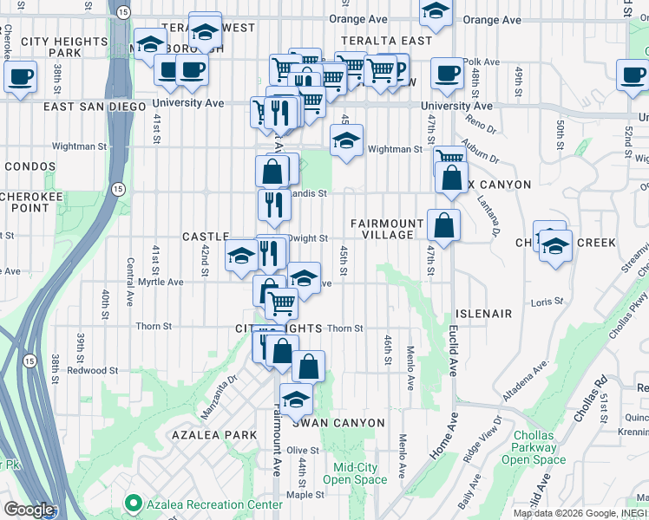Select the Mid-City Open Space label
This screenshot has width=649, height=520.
(x=355, y=473)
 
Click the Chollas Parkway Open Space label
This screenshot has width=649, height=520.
(x=534, y=447)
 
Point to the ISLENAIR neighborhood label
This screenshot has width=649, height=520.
(x=482, y=313)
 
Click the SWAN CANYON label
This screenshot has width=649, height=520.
(x=338, y=423)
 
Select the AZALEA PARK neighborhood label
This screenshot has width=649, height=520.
(x=214, y=434)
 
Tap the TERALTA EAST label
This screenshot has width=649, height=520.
(x=386, y=41)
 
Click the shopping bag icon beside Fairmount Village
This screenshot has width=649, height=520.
(x=443, y=226)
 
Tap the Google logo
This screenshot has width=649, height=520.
(x=29, y=510)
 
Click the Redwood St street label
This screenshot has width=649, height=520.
(x=93, y=370)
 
